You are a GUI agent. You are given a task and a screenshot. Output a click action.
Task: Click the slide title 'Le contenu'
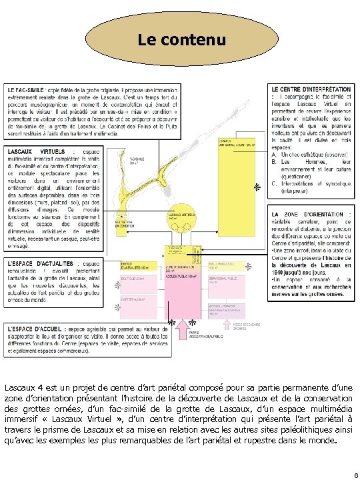click(x=181, y=40)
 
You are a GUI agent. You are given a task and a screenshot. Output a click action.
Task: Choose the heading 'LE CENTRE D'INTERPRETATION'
click(x=311, y=89)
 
